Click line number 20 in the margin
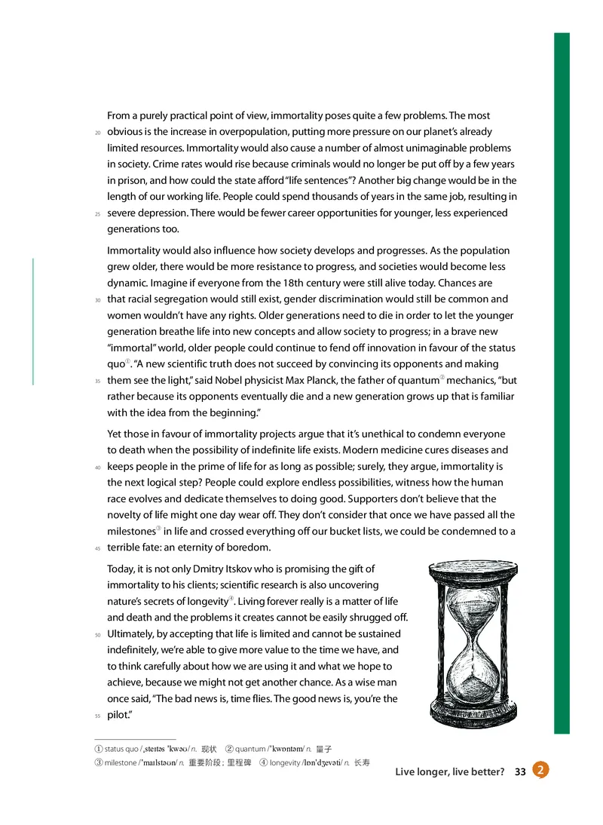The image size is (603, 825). (97, 133)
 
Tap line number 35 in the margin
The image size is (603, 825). (97, 382)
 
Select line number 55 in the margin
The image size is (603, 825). (97, 716)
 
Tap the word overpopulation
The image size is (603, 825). (225, 132)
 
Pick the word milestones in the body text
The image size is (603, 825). (131, 531)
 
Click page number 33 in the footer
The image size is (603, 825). (520, 771)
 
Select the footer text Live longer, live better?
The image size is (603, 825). (449, 771)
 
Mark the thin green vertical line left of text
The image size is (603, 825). (33, 321)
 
